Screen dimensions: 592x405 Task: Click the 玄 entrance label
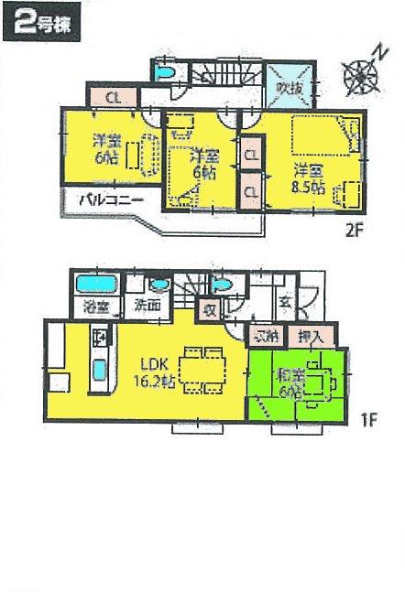(284, 300)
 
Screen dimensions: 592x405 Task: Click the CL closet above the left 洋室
(111, 95)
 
